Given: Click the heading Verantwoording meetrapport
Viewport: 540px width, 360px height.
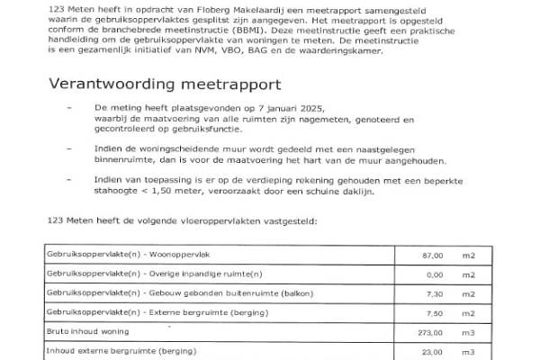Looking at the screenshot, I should click(x=166, y=85).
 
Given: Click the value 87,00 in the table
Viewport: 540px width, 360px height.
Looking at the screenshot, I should click(x=434, y=256).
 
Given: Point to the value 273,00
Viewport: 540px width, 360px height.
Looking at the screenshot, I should click(x=432, y=331).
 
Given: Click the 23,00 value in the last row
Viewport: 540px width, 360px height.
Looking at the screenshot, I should click(x=434, y=350).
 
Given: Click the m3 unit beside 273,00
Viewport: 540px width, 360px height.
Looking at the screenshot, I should click(x=468, y=331).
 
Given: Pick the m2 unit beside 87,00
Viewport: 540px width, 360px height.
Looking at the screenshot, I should click(x=468, y=256).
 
